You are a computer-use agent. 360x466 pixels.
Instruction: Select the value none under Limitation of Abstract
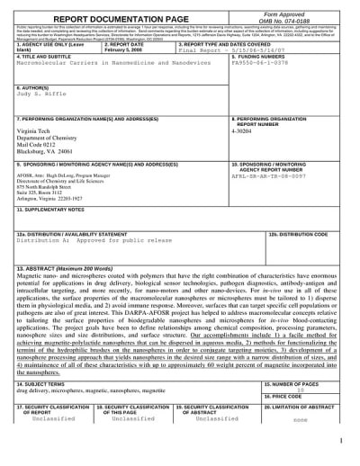point(301,418)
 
